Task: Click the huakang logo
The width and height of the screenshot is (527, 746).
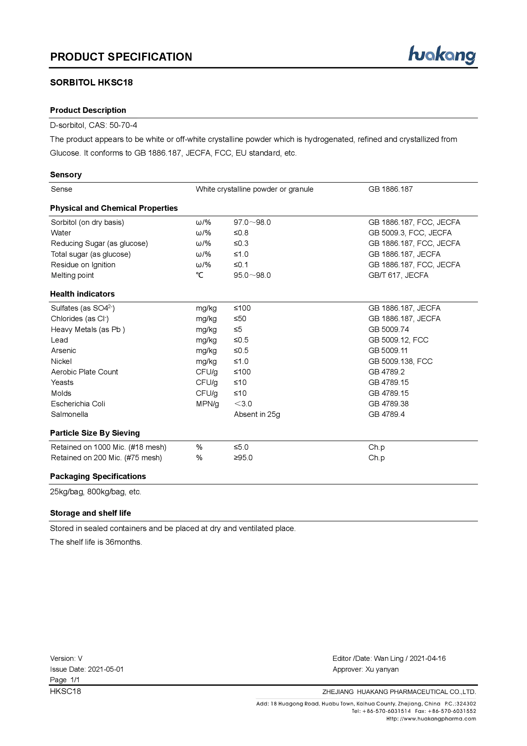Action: [442, 55]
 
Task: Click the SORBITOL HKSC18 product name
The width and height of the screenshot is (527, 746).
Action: [91, 83]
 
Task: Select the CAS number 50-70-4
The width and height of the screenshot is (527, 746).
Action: [123, 125]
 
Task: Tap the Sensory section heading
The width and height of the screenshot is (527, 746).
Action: [66, 175]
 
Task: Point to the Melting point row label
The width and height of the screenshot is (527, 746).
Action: [72, 276]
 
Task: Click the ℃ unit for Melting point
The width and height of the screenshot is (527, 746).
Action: [199, 276]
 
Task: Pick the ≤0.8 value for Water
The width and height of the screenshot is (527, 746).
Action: [241, 233]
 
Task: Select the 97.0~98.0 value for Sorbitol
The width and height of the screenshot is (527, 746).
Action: [252, 223]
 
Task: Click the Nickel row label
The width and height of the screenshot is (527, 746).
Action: [61, 362]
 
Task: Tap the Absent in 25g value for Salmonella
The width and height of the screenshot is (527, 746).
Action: [257, 415]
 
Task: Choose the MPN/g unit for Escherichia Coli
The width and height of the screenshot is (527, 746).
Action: [207, 404]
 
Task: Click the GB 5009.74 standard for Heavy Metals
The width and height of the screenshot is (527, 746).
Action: [388, 329]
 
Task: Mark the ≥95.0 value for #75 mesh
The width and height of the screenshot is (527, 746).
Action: [243, 458]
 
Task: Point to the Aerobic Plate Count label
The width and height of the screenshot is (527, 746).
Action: [84, 372]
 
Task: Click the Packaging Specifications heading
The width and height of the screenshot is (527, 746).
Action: [98, 476]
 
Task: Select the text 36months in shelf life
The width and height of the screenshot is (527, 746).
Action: [123, 542]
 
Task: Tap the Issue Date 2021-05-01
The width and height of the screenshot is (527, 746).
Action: [106, 669]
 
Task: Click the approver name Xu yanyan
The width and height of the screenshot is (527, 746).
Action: [382, 669]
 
